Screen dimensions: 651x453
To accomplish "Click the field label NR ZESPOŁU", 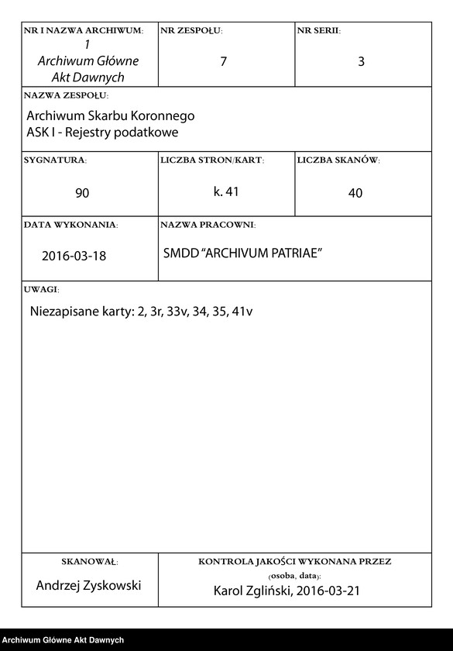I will [x=191, y=30].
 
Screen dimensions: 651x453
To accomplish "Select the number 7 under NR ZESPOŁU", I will [x=224, y=62].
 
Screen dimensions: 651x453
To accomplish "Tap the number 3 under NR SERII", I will [x=361, y=62].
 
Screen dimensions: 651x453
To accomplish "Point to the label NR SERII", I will [x=318, y=30].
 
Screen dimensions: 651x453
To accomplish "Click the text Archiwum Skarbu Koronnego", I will [x=110, y=115].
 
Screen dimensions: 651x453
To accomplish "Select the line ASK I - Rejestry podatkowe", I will [x=102, y=132].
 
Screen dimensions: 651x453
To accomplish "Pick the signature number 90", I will [x=82, y=193].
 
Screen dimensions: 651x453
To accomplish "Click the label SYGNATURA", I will [x=55, y=160].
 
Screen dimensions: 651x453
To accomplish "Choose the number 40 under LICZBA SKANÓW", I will [x=355, y=193].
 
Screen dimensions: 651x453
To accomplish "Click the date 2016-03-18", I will [x=74, y=256].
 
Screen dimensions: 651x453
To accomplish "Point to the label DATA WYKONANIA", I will [x=70, y=225].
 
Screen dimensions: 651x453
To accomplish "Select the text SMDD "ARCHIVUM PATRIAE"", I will [x=242, y=254].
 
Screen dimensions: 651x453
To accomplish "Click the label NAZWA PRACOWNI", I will [x=208, y=225].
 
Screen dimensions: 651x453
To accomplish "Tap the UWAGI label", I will [x=42, y=288].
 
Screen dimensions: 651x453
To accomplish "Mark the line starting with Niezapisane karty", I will [x=142, y=312].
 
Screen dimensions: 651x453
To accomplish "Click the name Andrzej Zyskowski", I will [x=89, y=585].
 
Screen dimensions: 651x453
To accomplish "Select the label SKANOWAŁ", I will [x=89, y=561].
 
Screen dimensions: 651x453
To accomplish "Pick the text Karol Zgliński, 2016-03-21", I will [x=287, y=591].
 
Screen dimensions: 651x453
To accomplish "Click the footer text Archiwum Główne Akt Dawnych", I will [x=63, y=640].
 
